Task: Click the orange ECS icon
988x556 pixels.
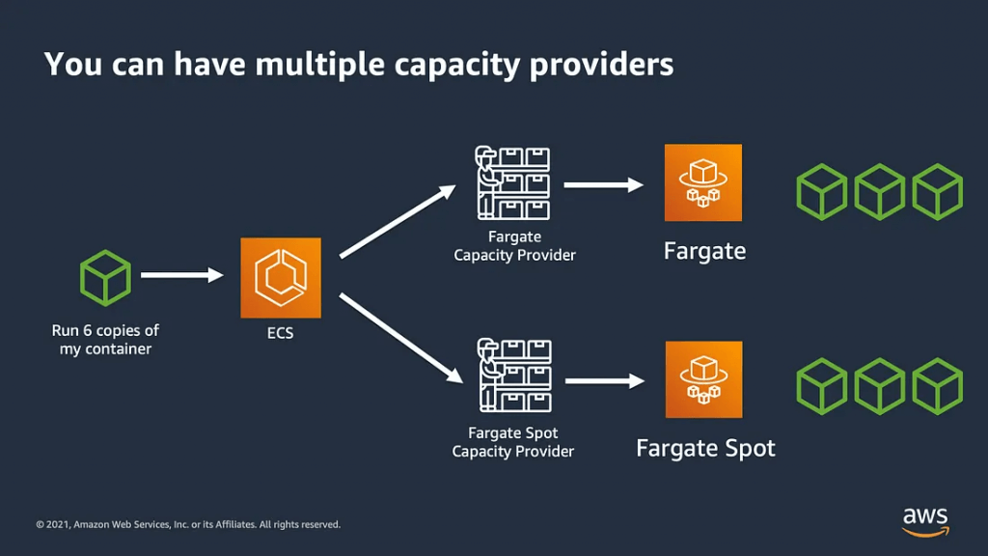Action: [281, 277]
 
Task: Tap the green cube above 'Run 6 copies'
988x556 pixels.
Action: [105, 278]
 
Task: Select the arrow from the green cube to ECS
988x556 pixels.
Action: [182, 275]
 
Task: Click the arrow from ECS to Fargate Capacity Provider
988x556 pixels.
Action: [398, 221]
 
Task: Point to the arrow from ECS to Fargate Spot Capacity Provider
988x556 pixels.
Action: [401, 338]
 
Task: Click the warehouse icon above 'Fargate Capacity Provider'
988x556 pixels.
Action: [513, 182]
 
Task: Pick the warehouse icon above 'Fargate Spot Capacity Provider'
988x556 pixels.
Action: [515, 375]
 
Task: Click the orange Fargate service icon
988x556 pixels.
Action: [703, 182]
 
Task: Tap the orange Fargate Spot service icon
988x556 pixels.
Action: [703, 379]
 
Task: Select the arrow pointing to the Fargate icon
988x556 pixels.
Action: [604, 184]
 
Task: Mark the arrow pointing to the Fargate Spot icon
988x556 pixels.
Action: [605, 380]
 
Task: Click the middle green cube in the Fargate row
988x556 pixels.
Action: [880, 192]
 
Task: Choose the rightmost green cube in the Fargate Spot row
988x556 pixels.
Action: [938, 386]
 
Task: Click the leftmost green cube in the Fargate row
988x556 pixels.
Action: [822, 192]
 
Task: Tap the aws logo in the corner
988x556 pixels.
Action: [925, 522]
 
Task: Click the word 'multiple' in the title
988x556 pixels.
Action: [319, 66]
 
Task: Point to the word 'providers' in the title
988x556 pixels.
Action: [602, 66]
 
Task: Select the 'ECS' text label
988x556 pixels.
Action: [281, 333]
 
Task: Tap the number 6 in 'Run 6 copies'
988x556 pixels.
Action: [88, 330]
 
